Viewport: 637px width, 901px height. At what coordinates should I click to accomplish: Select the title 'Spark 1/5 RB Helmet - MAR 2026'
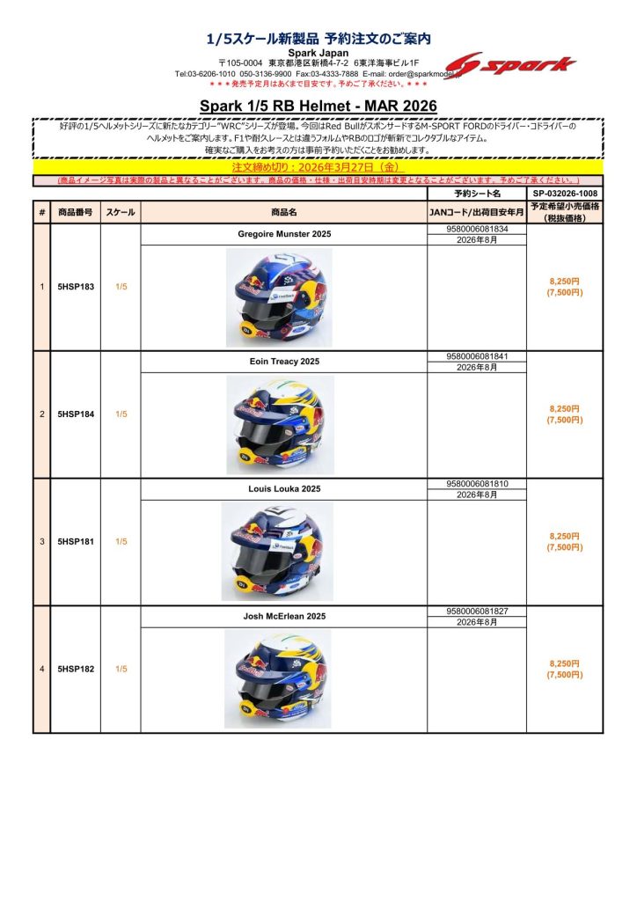coord(318,106)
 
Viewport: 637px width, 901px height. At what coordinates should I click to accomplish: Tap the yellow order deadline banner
coord(318,167)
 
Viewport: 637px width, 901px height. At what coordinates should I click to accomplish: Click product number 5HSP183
coord(76,287)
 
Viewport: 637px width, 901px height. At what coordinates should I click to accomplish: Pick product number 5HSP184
coord(76,414)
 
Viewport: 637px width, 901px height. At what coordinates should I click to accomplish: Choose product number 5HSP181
coord(76,542)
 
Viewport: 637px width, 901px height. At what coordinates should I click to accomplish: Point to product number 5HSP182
coord(76,670)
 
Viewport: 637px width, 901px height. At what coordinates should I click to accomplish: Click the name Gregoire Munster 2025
coord(284,235)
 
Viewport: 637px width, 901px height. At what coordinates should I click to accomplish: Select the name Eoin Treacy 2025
coord(284,362)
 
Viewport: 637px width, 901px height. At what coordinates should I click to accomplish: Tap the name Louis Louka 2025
coord(284,489)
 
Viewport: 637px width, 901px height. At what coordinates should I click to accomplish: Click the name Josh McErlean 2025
coord(284,617)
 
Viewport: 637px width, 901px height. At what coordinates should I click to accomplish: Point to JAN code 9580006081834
coord(477,229)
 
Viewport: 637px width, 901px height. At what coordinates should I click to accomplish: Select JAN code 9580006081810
coord(477,484)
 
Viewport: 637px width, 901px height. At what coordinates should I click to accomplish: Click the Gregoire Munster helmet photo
coord(279,297)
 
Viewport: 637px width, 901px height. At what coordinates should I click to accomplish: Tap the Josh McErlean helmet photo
coord(279,679)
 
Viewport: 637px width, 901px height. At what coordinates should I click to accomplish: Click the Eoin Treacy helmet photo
coord(279,424)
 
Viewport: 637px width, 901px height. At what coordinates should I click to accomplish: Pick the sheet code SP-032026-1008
coord(565,193)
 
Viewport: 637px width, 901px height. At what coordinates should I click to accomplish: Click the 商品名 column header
coord(284,212)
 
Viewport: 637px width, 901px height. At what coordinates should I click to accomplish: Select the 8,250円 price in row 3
coord(564,536)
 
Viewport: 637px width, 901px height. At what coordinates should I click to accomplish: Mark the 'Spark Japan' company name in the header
coord(318,53)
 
